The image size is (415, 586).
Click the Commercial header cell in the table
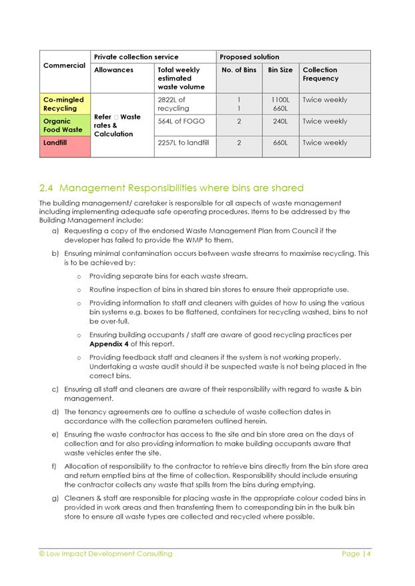pos(64,65)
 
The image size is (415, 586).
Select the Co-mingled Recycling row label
pos(60,104)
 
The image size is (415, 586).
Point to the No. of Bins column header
pos(238,70)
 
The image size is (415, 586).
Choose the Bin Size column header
pos(280,70)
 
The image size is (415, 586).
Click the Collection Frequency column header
pos(320,74)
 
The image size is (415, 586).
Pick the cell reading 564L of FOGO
pos(181,121)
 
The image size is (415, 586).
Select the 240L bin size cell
pos(280,121)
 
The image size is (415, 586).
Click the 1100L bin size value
pos(280,100)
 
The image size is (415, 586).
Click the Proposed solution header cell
pos(250,57)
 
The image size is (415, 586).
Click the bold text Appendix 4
pos(109,344)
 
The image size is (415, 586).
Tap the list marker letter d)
pos(55,412)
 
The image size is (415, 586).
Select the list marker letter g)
pos(55,498)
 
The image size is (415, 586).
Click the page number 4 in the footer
pos(368,553)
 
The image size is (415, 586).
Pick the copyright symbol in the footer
pos(43,553)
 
